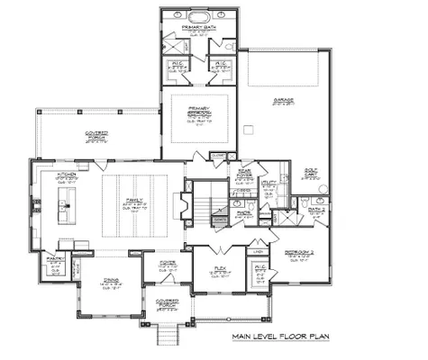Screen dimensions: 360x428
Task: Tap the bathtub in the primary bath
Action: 197,16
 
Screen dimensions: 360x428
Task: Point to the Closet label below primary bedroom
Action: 216,156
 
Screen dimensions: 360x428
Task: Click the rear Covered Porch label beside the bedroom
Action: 99,135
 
